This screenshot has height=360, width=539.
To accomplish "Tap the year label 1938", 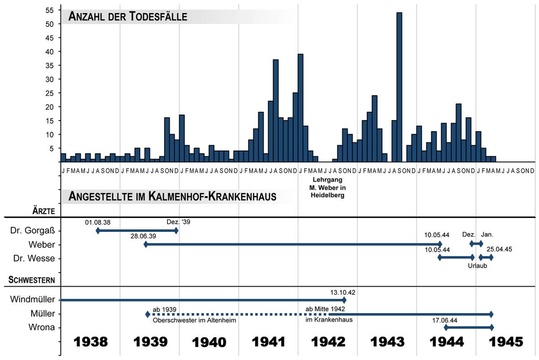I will [x=91, y=342].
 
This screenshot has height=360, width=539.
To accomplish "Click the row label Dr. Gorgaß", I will [x=32, y=231].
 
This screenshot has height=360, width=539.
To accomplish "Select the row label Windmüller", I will [x=32, y=300].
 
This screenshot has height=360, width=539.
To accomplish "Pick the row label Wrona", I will [x=43, y=327].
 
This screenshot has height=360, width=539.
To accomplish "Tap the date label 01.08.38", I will [x=98, y=222].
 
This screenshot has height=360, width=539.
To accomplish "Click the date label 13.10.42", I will [x=343, y=292].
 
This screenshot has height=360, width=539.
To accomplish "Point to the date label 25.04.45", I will [x=499, y=249].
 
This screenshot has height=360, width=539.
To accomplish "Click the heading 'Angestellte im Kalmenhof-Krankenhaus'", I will [x=172, y=197].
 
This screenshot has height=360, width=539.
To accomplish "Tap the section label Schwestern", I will [x=32, y=280].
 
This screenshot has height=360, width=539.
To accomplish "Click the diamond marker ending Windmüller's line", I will [x=344, y=300].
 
